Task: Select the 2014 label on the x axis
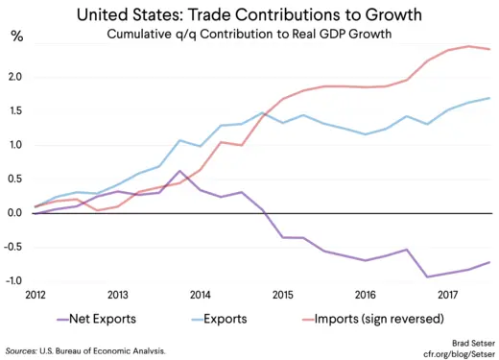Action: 202,295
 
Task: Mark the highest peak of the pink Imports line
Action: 468,46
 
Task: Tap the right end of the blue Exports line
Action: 490,98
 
